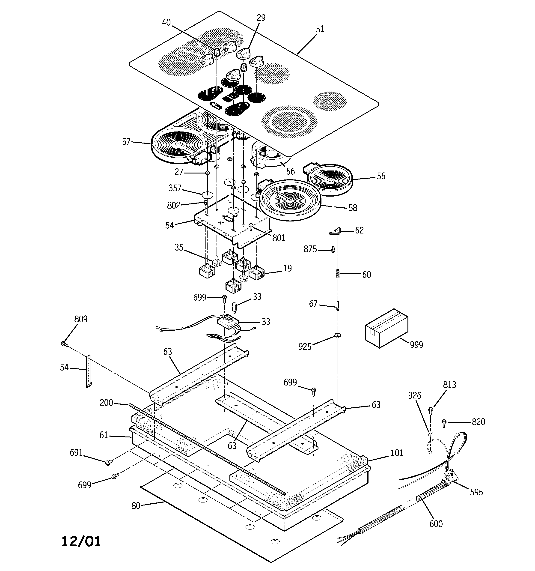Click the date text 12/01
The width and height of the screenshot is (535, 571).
(81, 541)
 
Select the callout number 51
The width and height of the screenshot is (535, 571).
(320, 29)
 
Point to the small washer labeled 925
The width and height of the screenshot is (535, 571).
(337, 335)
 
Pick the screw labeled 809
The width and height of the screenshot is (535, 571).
(64, 343)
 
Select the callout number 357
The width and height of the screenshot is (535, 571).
(175, 188)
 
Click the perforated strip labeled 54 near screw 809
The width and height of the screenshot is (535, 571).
(89, 371)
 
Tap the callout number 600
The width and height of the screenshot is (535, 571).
(436, 524)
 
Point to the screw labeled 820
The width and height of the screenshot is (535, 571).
(444, 422)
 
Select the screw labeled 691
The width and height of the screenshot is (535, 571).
(109, 462)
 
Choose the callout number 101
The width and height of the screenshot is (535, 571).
(397, 453)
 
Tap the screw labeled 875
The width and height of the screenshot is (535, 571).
(333, 249)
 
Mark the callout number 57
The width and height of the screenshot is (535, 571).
(126, 142)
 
